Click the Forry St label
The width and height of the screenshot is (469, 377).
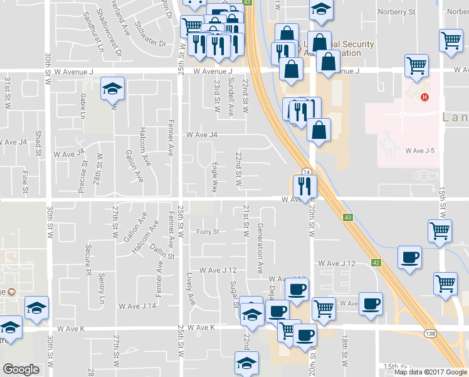[x=207, y=231]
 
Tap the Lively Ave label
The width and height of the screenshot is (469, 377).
[x=191, y=289]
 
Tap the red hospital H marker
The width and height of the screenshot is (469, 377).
[x=425, y=97]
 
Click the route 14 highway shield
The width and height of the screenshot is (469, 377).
[x=307, y=172]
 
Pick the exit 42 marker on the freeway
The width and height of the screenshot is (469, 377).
[x=376, y=263]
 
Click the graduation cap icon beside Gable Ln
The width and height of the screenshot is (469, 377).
[x=112, y=89]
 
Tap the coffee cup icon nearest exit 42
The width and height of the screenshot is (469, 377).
[x=409, y=258]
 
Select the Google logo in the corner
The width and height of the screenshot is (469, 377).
[x=21, y=369]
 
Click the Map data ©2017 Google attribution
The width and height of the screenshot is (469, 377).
[x=430, y=372]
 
